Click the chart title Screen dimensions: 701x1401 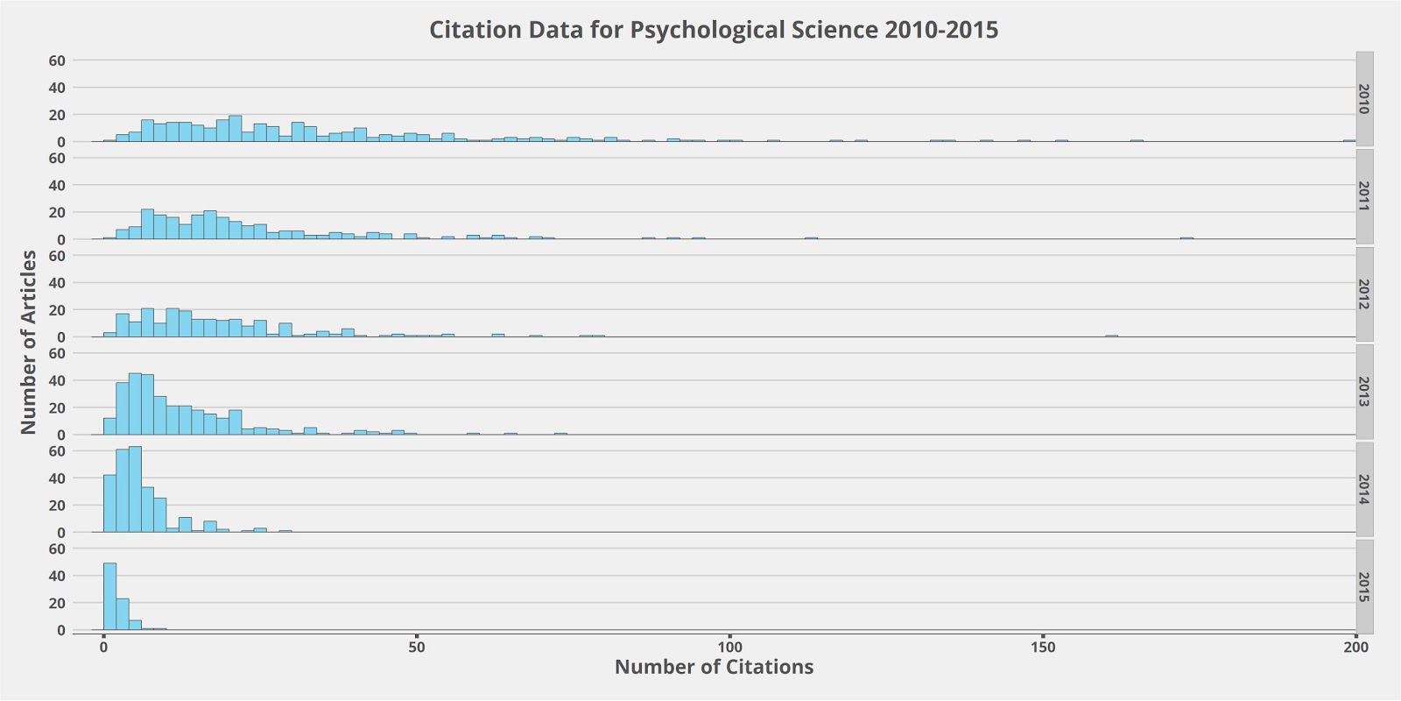[x=713, y=30]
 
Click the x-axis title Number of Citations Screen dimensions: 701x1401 [x=714, y=667]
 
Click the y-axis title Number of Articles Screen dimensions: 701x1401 [x=28, y=342]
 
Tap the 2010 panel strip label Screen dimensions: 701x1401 [x=1364, y=99]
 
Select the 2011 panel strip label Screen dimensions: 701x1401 [x=1364, y=196]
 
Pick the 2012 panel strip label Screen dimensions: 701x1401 [x=1364, y=294]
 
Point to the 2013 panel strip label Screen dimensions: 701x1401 [x=1364, y=392]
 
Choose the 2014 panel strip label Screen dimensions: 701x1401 [x=1364, y=490]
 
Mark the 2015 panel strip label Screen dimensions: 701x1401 [x=1364, y=587]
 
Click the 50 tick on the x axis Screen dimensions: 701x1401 [x=417, y=648]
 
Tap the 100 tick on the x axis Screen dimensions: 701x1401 [x=729, y=648]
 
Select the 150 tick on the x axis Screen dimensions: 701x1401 [x=1043, y=648]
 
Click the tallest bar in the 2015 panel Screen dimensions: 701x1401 [x=109, y=597]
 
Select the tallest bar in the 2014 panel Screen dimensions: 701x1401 [x=135, y=490]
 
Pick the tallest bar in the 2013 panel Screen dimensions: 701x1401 [x=135, y=404]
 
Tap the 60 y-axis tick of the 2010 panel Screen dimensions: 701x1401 [x=57, y=60]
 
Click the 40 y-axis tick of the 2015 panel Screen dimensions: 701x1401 [x=57, y=576]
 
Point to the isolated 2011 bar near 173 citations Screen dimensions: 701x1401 [x=1186, y=238]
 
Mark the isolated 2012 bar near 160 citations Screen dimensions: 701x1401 [x=1111, y=336]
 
